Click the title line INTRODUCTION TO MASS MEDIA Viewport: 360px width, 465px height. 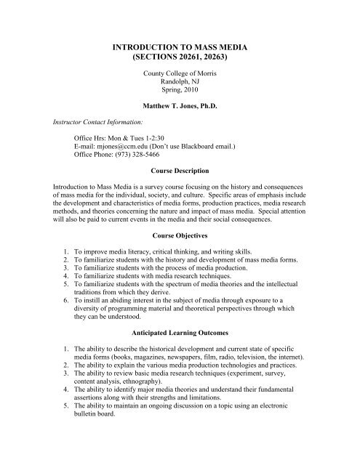(180, 46)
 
